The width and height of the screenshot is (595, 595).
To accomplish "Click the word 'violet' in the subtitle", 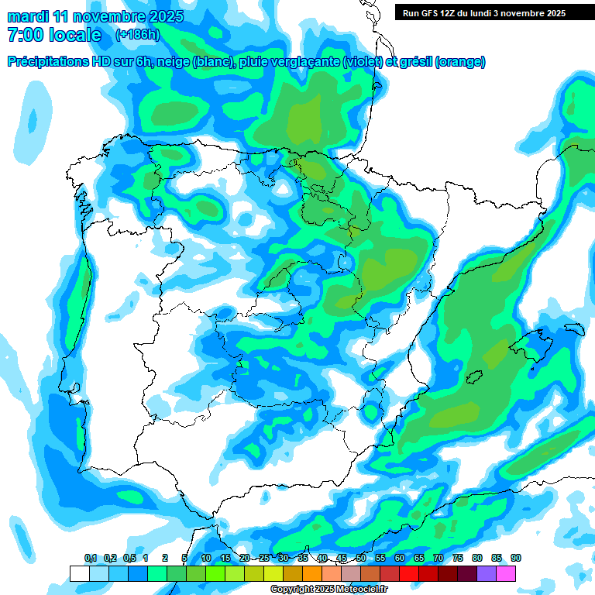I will pos(361,62).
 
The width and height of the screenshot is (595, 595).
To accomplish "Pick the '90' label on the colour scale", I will pos(515,558).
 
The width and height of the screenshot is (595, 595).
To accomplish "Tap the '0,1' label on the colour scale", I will pos(91,558).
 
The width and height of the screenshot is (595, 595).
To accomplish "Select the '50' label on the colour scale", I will pos(361,558).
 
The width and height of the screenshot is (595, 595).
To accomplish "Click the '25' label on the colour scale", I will pos(264,558).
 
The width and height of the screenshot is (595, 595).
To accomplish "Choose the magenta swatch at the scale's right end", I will pos(506,573).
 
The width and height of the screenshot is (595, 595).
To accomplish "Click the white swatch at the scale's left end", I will pos(79,573).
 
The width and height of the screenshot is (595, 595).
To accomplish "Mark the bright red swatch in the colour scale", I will pos(409,573).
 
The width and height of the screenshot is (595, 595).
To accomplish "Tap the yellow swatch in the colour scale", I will pos(273,573).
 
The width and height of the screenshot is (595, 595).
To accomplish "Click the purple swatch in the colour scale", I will pos(487,573).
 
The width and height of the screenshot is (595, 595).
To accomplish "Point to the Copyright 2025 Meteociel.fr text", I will pos(334,589).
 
